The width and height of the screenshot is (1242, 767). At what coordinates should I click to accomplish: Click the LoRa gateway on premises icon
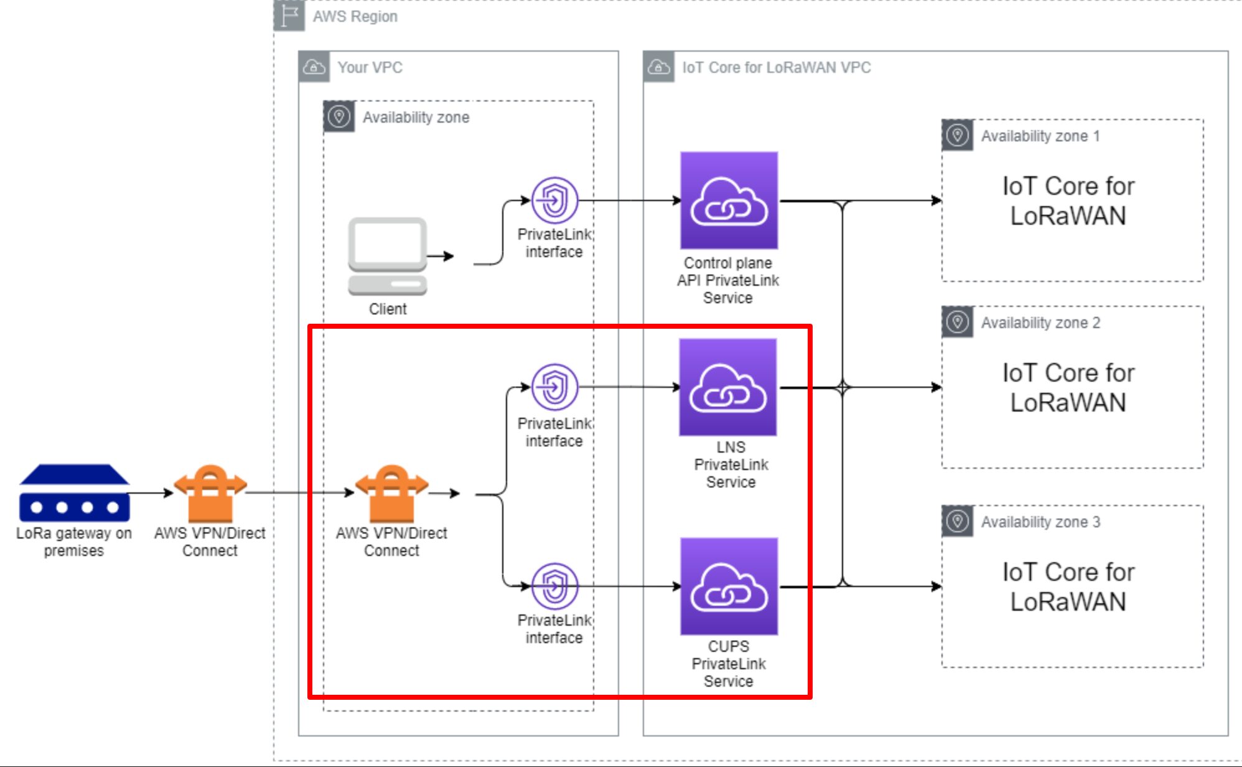pyautogui.click(x=74, y=492)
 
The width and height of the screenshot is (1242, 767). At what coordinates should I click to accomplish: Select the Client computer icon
pyautogui.click(x=387, y=256)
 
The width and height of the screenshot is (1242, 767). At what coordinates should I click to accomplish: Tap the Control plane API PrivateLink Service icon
pyautogui.click(x=729, y=200)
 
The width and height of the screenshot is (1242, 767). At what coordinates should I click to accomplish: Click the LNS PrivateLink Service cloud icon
pyautogui.click(x=728, y=387)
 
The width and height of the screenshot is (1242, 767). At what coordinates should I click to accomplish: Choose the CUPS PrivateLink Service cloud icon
pyautogui.click(x=729, y=586)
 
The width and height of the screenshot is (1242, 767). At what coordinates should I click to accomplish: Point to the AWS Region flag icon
pyautogui.click(x=289, y=16)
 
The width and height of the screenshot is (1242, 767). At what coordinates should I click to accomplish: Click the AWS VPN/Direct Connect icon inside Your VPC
pyautogui.click(x=391, y=493)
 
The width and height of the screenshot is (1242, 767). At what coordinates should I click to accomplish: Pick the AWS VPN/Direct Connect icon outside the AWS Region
pyautogui.click(x=210, y=493)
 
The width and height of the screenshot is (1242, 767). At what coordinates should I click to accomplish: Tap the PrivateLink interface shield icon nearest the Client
pyautogui.click(x=554, y=200)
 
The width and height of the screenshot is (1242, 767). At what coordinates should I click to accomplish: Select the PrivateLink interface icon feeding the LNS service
pyautogui.click(x=554, y=387)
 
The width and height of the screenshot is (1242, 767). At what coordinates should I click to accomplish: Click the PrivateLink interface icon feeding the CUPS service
pyautogui.click(x=554, y=586)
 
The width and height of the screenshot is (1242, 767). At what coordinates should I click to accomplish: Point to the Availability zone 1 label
pyautogui.click(x=1040, y=136)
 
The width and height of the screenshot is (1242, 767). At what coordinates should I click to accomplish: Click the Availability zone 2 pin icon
pyautogui.click(x=958, y=322)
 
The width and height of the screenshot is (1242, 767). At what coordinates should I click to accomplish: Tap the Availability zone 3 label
pyautogui.click(x=1040, y=522)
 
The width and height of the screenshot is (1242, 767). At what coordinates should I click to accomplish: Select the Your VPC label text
pyautogui.click(x=370, y=67)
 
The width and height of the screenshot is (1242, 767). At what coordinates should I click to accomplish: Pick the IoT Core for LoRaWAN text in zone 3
pyautogui.click(x=1068, y=586)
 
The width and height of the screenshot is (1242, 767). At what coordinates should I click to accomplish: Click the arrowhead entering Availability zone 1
pyautogui.click(x=936, y=200)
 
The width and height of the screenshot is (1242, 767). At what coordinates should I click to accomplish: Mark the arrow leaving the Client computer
pyautogui.click(x=442, y=256)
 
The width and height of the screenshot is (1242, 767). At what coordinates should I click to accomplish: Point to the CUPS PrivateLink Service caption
pyautogui.click(x=729, y=664)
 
